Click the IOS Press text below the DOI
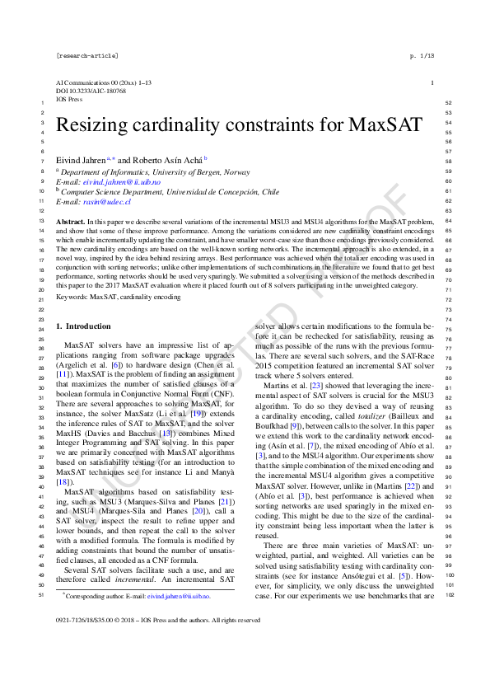click(x=70, y=98)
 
